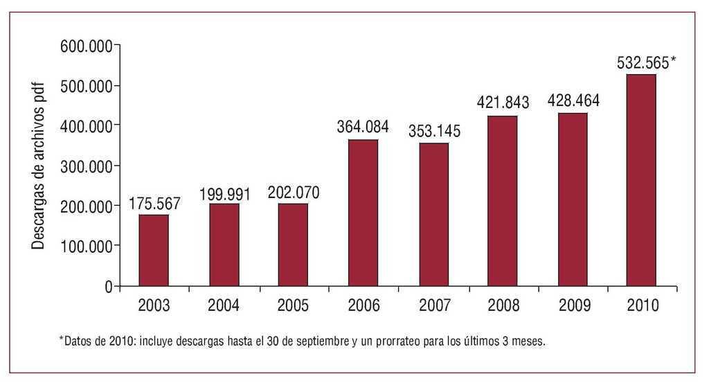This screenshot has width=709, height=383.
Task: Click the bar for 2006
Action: pos(363,213)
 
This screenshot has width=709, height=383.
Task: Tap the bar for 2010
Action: pos(641,180)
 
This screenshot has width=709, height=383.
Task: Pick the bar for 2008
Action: pos(502,201)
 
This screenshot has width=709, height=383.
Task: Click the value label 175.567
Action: pos(154,204)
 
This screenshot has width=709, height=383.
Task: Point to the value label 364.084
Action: pos(363,128)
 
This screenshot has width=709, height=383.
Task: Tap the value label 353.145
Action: pos(434,131)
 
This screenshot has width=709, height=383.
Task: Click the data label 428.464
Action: pos(573,101)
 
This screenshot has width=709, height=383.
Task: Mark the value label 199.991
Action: pos(224,193)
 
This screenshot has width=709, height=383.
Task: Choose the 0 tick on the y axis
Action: pos(108,286)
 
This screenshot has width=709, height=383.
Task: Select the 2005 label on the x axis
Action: pos(294,305)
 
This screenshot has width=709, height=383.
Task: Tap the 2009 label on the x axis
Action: pos(573,305)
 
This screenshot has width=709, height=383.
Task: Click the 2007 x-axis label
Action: pos(434,305)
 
